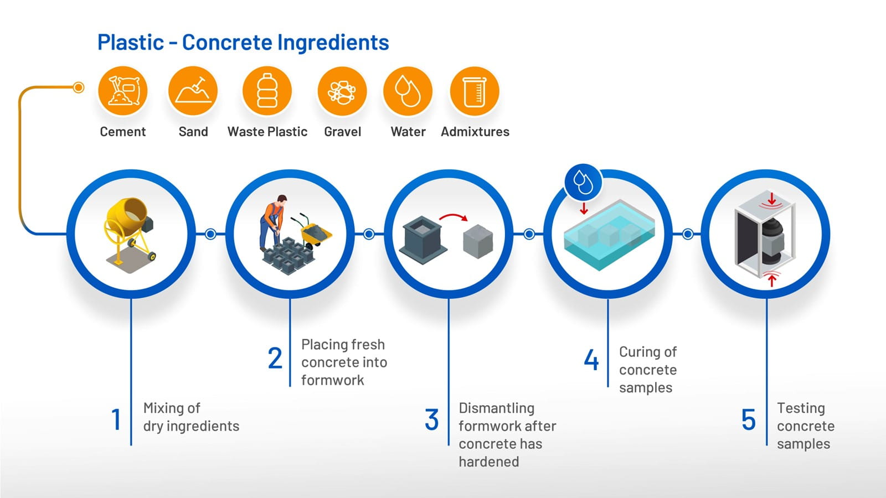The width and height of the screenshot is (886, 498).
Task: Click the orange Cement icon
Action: click(122, 91)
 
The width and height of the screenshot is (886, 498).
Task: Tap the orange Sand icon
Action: click(193, 91)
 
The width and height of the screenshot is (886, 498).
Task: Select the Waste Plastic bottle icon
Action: click(267, 91)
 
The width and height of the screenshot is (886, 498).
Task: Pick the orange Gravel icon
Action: click(342, 91)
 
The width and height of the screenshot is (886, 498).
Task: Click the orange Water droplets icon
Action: click(408, 91)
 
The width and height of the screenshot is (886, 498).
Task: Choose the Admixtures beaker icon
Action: click(475, 91)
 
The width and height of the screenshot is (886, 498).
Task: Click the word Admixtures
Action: click(475, 132)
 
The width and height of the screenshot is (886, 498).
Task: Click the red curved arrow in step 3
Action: click(454, 217)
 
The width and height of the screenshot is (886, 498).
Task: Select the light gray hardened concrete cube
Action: click(478, 241)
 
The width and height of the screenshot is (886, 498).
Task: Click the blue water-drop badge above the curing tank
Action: click(583, 183)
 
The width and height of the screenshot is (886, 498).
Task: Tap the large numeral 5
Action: click(748, 419)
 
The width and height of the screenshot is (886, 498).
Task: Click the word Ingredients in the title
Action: click(333, 43)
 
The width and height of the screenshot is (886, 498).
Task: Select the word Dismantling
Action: click(496, 408)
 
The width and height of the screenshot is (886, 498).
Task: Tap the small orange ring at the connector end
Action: click(79, 87)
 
